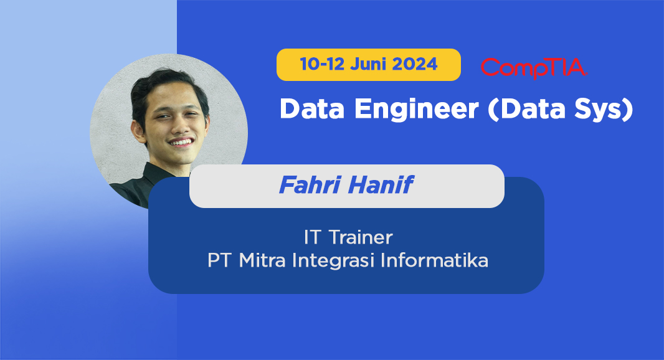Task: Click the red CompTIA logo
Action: tap(534, 68)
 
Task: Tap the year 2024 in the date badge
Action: tap(415, 64)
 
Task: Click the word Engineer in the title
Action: tap(416, 110)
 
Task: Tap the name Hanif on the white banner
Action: tap(380, 185)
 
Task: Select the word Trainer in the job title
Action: tap(361, 237)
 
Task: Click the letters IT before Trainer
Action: tap(311, 237)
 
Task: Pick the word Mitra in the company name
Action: tap(262, 260)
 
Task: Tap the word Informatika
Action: tap(435, 260)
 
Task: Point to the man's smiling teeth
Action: tap(181, 142)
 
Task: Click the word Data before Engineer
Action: tap(312, 109)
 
